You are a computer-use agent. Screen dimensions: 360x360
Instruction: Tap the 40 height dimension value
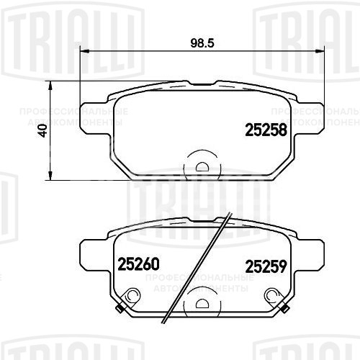(x=42, y=131)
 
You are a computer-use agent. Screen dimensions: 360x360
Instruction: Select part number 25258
(x=266, y=130)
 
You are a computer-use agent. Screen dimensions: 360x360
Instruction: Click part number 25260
(x=137, y=264)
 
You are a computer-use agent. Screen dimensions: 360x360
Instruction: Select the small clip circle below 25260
(x=131, y=295)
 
